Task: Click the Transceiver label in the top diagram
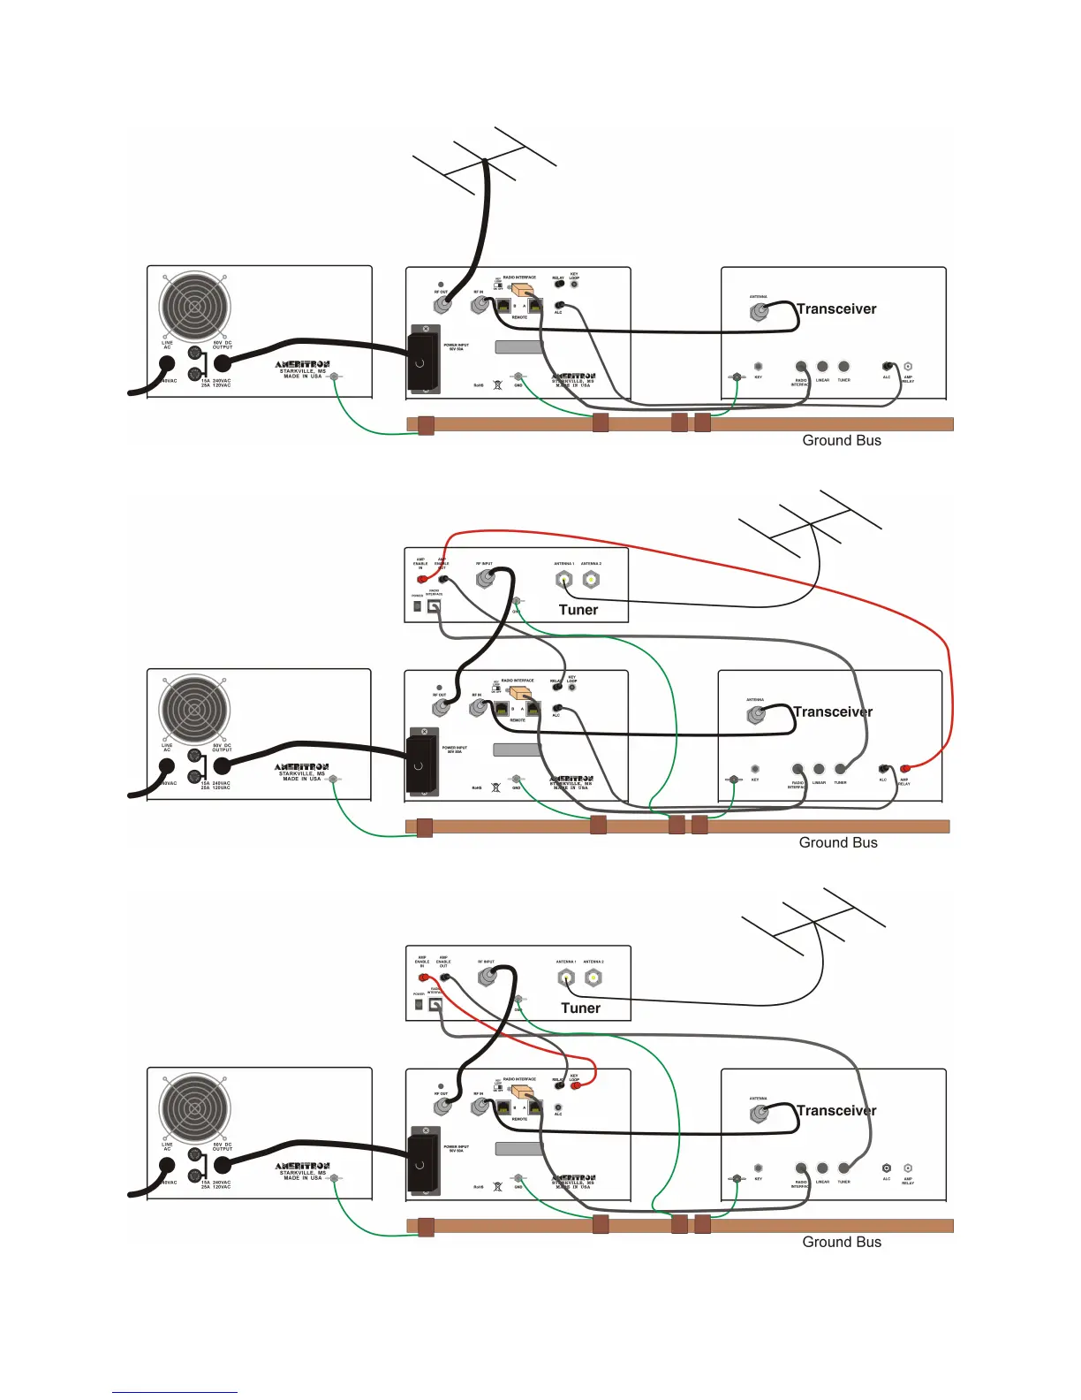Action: pyautogui.click(x=836, y=308)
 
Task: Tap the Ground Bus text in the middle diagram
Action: pyautogui.click(x=838, y=842)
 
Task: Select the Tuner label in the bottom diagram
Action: pyautogui.click(x=580, y=1008)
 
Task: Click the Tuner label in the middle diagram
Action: pyautogui.click(x=578, y=610)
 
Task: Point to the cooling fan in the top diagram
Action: pyautogui.click(x=194, y=307)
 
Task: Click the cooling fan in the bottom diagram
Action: pyautogui.click(x=194, y=1108)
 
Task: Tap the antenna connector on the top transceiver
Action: pyautogui.click(x=759, y=312)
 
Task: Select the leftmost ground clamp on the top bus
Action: pyautogui.click(x=426, y=425)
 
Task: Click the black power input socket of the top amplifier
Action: pyautogui.click(x=424, y=360)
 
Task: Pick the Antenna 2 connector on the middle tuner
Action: pyautogui.click(x=591, y=580)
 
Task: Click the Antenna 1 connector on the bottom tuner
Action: pyautogui.click(x=566, y=978)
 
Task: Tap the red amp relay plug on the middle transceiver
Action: pyautogui.click(x=905, y=767)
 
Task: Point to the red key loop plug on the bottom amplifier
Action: pyautogui.click(x=576, y=1085)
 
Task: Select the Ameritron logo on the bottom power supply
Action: pyautogui.click(x=302, y=1167)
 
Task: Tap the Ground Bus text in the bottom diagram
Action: pyautogui.click(x=842, y=1242)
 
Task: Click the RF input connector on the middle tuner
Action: pyautogui.click(x=485, y=579)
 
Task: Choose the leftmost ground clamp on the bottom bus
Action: pyautogui.click(x=426, y=1227)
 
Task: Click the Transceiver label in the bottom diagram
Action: pyautogui.click(x=836, y=1110)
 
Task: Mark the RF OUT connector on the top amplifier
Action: pyautogui.click(x=442, y=305)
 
